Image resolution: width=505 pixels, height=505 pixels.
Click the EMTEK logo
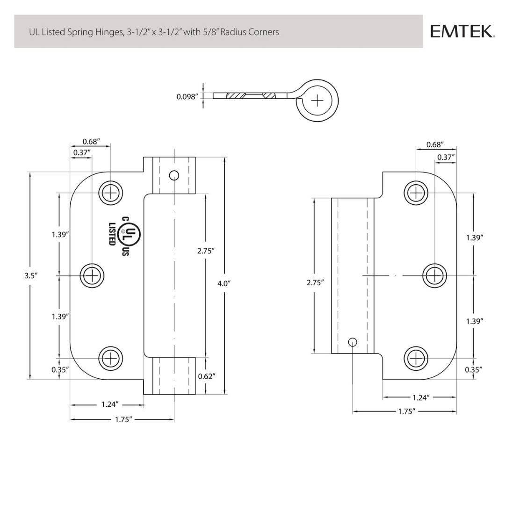pos(462,31)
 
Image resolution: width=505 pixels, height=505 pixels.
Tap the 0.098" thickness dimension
pos(187,97)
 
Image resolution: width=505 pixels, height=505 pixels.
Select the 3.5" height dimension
pos(31,275)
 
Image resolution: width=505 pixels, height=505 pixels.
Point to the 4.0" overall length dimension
pos(224,283)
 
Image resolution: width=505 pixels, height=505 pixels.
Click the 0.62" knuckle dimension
pos(206,376)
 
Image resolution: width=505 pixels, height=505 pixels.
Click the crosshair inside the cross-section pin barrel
pos(317,100)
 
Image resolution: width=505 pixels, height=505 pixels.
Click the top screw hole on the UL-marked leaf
pos(111,193)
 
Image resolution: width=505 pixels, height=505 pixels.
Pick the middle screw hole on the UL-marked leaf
pos(92,275)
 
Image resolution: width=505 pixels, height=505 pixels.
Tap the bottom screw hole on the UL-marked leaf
pos(111,359)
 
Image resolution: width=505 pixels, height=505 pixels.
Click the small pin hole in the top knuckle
pos(174,175)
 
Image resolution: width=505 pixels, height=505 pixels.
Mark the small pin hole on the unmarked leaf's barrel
pos(353,342)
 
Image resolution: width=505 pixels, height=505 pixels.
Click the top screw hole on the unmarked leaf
pos(416,193)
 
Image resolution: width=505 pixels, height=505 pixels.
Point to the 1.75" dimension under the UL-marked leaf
pos(124,419)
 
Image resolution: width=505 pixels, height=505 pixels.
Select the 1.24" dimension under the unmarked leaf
pos(420,397)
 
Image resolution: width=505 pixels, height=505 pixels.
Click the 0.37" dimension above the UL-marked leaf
pos(81,152)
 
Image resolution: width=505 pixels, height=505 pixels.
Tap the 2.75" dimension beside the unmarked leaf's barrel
pos(316,282)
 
